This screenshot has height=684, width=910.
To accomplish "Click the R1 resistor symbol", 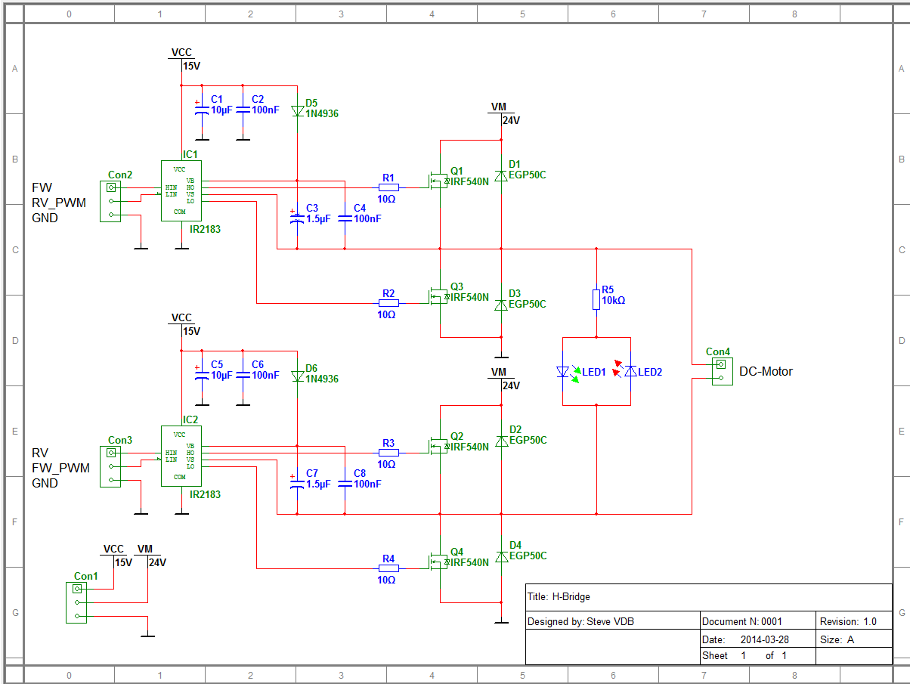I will (388, 187).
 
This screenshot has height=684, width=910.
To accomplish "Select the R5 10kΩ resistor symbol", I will (596, 299).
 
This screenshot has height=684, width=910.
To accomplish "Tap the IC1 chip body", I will (181, 190).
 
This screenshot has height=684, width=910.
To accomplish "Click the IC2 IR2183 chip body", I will (181, 456).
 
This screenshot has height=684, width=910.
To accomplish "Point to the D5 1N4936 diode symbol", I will (297, 110).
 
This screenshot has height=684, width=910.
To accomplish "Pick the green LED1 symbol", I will (562, 371).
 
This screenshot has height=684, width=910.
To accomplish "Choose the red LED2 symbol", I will (630, 371).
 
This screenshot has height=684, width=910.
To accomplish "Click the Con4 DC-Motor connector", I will (721, 371).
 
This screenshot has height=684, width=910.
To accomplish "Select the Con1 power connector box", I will (76, 602).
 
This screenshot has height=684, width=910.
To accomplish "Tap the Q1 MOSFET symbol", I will (437, 181).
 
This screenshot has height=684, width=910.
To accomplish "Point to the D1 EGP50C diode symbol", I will (500, 175).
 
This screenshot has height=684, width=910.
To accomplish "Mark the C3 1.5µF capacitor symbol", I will (297, 218).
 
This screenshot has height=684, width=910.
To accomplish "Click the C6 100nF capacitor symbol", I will (243, 375).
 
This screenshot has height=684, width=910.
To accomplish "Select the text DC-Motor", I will (766, 371).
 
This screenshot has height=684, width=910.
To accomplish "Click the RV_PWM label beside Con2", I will (59, 203).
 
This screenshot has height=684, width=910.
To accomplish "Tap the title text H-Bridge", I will (570, 596).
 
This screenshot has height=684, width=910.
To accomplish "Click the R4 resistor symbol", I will (388, 568).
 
